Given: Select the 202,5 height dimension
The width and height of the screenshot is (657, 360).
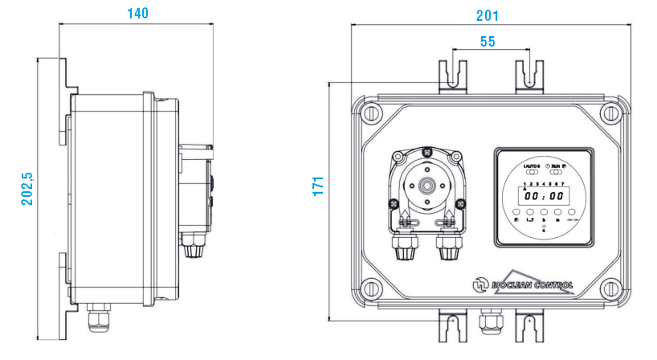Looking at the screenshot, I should [27, 189].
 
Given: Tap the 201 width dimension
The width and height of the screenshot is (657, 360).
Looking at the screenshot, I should [487, 15].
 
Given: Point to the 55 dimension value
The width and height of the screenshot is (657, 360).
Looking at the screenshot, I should [487, 42].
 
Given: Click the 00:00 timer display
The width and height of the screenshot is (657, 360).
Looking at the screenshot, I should [542, 195].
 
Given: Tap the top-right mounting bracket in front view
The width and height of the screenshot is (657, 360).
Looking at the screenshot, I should [530, 76].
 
